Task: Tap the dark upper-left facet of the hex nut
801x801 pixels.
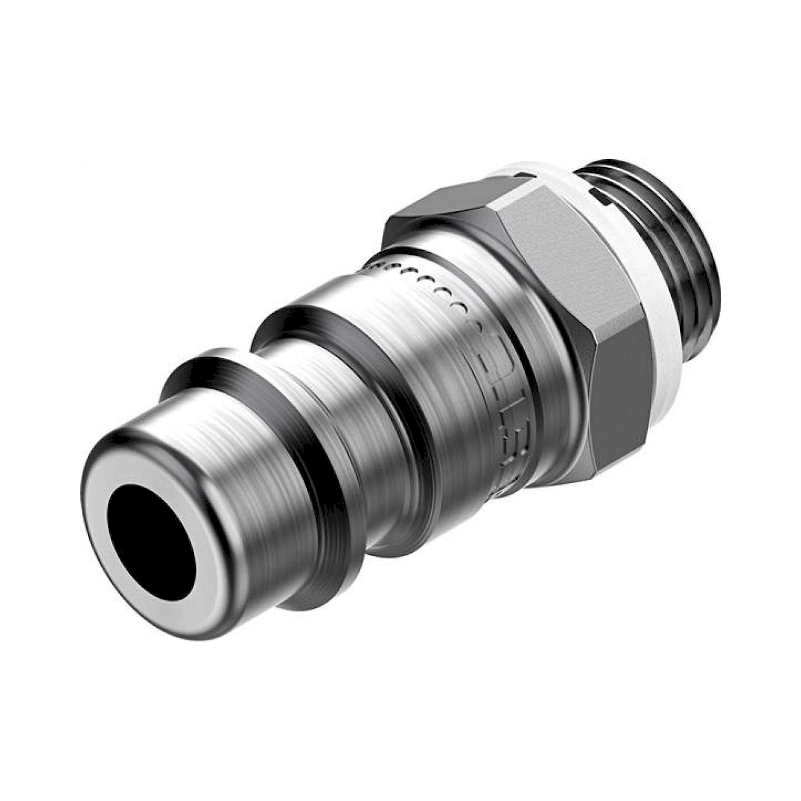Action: click(439, 207)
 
